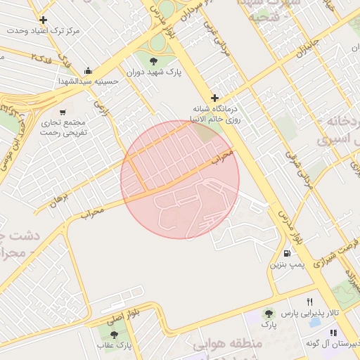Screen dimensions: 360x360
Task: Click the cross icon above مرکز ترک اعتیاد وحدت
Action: (44, 20)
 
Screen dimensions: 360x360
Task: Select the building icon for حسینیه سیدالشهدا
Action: (88, 70)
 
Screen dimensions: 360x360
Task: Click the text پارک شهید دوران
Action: (154, 72)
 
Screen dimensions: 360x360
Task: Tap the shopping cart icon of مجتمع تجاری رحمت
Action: (63, 112)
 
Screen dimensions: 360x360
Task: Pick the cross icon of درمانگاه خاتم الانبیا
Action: (214, 98)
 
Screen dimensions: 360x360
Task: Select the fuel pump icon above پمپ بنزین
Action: (287, 254)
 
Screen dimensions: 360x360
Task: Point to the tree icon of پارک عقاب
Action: (114, 335)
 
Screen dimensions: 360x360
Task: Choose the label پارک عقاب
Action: (114, 345)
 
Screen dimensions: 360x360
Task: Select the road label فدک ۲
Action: (44, 56)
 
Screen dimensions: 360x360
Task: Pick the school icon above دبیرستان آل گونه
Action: (333, 333)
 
